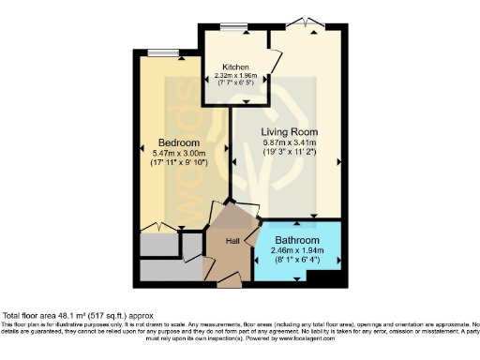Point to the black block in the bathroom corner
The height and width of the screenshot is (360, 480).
pos(324,277)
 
